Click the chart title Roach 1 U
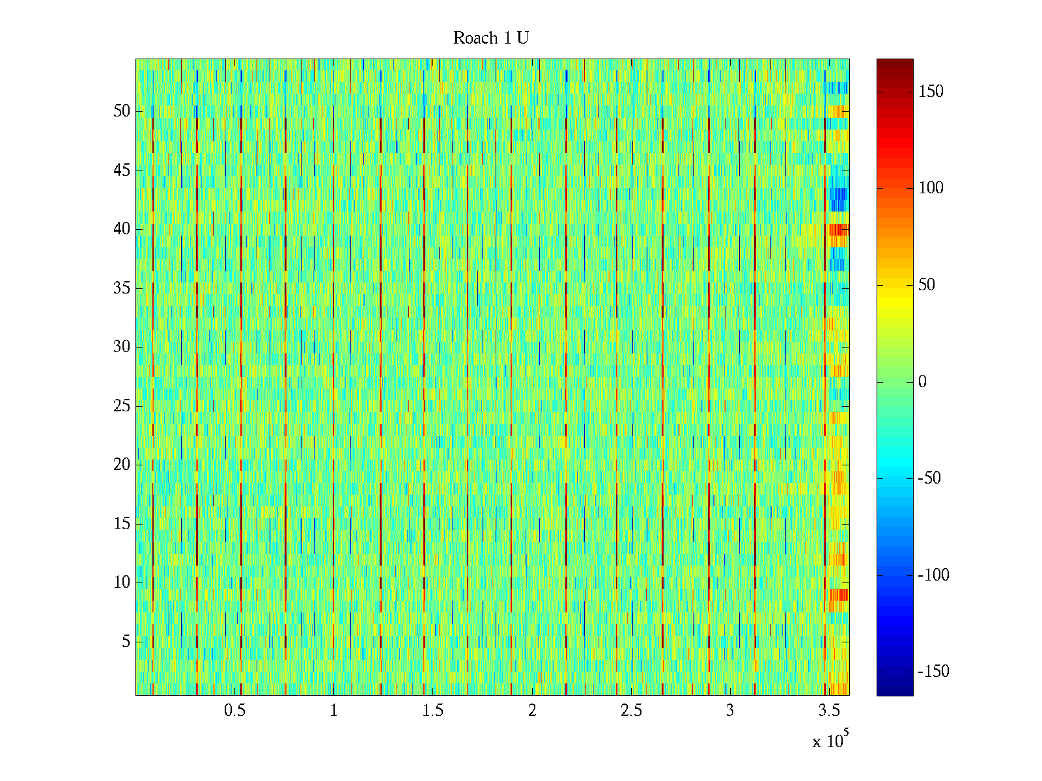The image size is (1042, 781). pyautogui.click(x=490, y=38)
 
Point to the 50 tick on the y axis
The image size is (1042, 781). pyautogui.click(x=122, y=111)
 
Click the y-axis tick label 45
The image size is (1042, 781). pyautogui.click(x=122, y=171)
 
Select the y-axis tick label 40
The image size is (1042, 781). pyautogui.click(x=122, y=229)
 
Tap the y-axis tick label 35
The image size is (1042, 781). pyautogui.click(x=122, y=288)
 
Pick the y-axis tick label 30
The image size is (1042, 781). pyautogui.click(x=122, y=347)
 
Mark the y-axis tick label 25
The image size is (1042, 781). pyautogui.click(x=122, y=406)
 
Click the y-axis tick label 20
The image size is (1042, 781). pyautogui.click(x=122, y=465)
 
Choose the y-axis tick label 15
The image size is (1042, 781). pyautogui.click(x=122, y=524)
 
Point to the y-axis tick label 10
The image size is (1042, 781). pyautogui.click(x=122, y=582)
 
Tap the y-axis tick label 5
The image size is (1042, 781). pyautogui.click(x=126, y=642)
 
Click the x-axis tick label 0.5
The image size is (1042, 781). pyautogui.click(x=234, y=711)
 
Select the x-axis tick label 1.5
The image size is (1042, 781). pyautogui.click(x=432, y=711)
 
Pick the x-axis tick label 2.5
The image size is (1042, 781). pyautogui.click(x=631, y=711)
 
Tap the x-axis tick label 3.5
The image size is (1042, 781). pyautogui.click(x=829, y=711)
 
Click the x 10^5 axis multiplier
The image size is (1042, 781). pyautogui.click(x=830, y=741)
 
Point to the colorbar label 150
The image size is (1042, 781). pyautogui.click(x=931, y=92)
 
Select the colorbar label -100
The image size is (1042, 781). pyautogui.click(x=933, y=575)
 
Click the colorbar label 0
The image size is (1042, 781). pyautogui.click(x=922, y=382)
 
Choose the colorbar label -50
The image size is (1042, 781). pyautogui.click(x=929, y=478)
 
